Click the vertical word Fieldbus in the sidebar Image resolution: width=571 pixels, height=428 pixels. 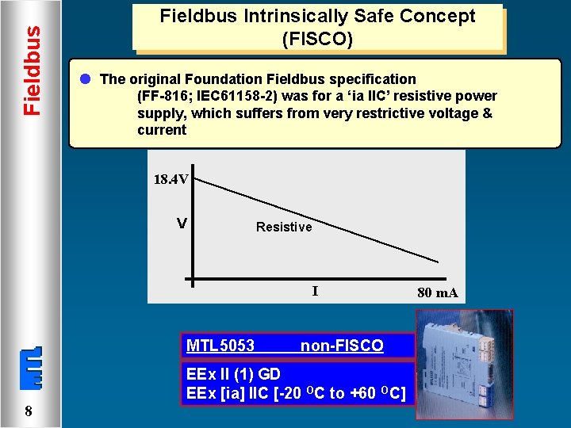coord(31,70)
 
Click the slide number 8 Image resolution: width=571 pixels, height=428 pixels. coord(28,411)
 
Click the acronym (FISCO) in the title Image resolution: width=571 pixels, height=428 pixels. coord(317,38)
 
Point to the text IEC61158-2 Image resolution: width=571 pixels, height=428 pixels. coord(236,96)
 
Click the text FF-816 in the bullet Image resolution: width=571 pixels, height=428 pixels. coord(166,96)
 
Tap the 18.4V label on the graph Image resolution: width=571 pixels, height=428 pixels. coord(171,179)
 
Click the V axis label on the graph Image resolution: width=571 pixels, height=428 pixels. coord(182,224)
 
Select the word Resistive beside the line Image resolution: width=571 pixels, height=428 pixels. coord(284,227)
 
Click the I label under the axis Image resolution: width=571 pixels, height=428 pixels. coord(315,291)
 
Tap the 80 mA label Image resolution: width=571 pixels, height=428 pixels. coord(437,292)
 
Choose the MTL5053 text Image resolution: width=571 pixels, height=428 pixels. coord(220,346)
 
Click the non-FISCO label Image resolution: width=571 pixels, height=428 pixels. coord(342,346)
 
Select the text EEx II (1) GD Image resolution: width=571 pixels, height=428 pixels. coord(233,374)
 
